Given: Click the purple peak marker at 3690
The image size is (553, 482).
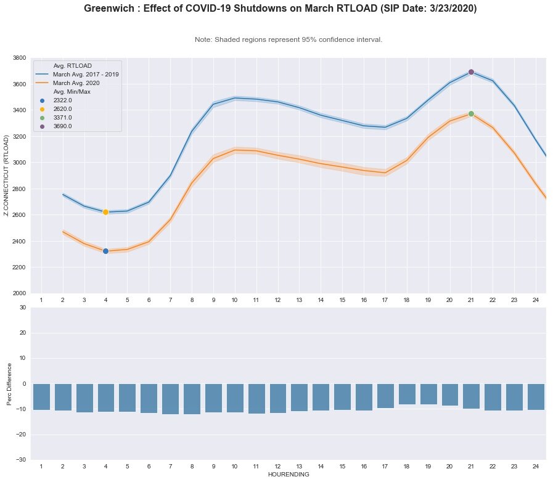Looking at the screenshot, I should pyautogui.click(x=471, y=72).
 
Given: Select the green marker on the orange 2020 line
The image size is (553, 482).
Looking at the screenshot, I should pyautogui.click(x=471, y=114).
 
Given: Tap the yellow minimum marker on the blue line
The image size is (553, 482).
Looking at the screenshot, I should pyautogui.click(x=105, y=212).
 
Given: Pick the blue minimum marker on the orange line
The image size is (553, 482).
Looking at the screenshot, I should pyautogui.click(x=105, y=251).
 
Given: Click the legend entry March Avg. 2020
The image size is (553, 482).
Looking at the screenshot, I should pyautogui.click(x=76, y=83).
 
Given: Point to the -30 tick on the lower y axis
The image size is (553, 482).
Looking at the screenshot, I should pyautogui.click(x=21, y=460).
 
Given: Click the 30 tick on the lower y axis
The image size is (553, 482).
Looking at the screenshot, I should pyautogui.click(x=23, y=308).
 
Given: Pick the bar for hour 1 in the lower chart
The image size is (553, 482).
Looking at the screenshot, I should pyautogui.click(x=41, y=396).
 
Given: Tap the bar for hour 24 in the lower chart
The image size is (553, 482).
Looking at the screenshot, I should pyautogui.click(x=536, y=396).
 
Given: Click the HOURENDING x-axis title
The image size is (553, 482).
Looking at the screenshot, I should pyautogui.click(x=289, y=475).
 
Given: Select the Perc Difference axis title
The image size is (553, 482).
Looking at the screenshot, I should pyautogui.click(x=9, y=383).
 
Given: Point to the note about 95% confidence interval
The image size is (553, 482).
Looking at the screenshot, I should pyautogui.click(x=289, y=39).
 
